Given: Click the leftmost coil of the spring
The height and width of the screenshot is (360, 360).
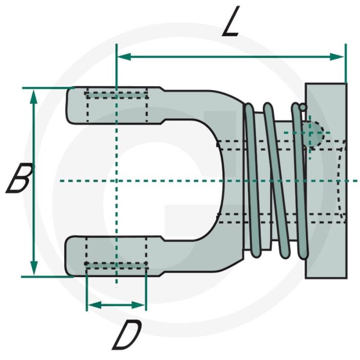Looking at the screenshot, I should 250,180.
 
